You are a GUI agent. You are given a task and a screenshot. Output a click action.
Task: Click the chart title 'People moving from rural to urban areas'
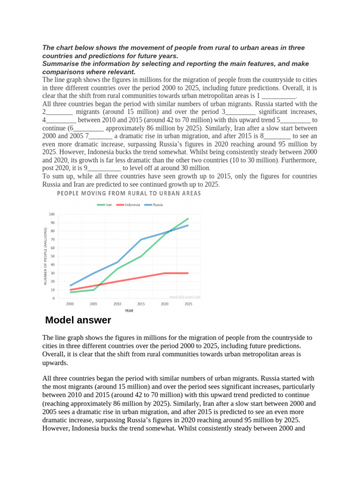[129, 193]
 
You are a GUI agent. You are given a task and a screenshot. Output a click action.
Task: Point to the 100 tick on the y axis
[52, 214]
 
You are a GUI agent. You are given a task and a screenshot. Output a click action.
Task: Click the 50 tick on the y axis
[52, 256]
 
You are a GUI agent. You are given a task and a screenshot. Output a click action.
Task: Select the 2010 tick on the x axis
[117, 304]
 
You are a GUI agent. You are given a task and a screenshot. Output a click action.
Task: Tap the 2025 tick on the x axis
[188, 304]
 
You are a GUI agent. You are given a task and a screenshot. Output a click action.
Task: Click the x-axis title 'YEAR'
[129, 310]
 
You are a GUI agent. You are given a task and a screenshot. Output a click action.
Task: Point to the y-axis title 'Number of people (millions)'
[45, 256]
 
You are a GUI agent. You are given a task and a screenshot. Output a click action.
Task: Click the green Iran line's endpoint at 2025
[188, 218]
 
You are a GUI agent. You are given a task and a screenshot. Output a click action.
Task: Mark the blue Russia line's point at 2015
[141, 240]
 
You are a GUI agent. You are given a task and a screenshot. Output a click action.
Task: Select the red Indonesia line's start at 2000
[70, 290]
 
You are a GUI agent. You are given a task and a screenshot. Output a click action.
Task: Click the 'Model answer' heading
[78, 321]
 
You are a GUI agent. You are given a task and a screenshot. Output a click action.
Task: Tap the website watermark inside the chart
[185, 297]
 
